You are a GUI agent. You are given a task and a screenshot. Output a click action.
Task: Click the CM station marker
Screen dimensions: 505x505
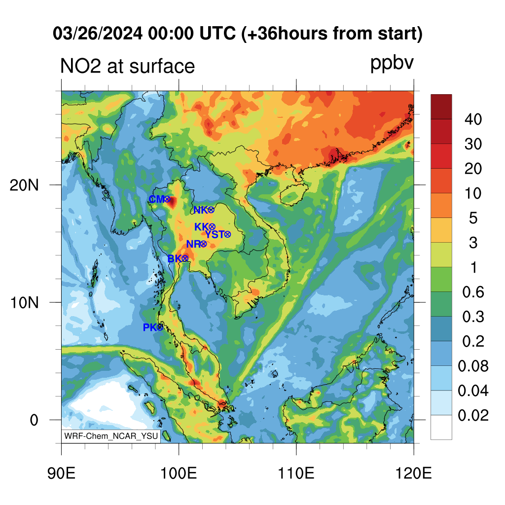click(x=167, y=199)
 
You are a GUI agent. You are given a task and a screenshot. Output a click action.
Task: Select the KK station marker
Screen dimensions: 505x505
click(x=212, y=227)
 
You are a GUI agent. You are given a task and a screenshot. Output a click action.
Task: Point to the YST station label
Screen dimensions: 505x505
click(x=215, y=234)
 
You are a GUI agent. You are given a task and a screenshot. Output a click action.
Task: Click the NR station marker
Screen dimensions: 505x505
click(x=204, y=244)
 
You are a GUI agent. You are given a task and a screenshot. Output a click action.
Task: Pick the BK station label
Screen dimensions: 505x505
click(x=175, y=258)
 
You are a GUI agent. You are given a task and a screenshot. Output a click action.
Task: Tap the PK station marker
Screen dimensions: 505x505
click(x=160, y=327)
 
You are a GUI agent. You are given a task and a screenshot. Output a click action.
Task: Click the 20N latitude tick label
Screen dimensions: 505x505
click(x=24, y=185)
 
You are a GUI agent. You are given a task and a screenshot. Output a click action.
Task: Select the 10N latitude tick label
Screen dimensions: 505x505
click(x=24, y=303)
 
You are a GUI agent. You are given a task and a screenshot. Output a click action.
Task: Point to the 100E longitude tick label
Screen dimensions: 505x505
click(x=179, y=473)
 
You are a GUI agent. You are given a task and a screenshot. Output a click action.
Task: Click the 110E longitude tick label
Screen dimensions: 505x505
click(x=296, y=473)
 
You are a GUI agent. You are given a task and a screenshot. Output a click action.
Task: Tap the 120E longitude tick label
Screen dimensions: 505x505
click(x=414, y=473)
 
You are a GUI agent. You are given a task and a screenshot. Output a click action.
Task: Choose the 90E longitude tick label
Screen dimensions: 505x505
click(x=62, y=473)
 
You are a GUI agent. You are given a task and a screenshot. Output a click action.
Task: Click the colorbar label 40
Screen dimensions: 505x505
click(x=473, y=119)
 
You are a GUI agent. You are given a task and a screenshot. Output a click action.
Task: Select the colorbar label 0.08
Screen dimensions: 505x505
click(x=473, y=366)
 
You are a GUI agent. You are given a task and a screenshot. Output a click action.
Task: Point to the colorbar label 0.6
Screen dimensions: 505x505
click(x=473, y=292)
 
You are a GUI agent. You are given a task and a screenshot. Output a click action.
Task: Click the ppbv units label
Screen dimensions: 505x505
click(x=392, y=63)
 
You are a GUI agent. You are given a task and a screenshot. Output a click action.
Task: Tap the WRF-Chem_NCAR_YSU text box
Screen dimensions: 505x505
click(x=111, y=436)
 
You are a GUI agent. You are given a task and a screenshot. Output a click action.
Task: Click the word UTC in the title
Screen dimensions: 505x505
click(x=217, y=34)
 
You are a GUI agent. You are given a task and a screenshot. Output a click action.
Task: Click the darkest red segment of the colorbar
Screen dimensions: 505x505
click(x=441, y=107)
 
